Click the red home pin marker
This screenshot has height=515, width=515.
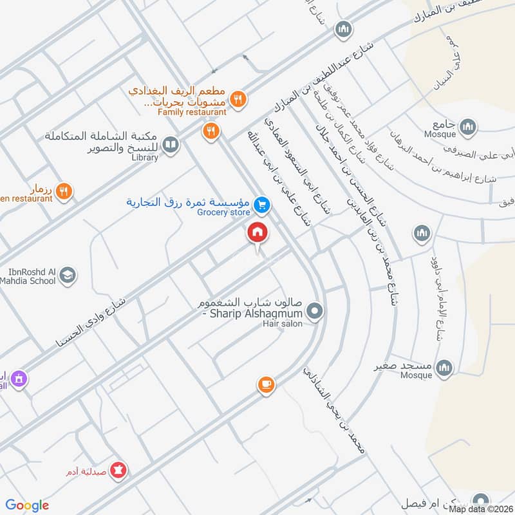[x=257, y=232]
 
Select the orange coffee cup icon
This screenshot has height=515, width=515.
[x=265, y=385]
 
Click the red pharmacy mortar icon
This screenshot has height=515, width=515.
[x=118, y=471]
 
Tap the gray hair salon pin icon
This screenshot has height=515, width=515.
[x=315, y=312]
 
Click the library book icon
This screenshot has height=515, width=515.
[x=171, y=145]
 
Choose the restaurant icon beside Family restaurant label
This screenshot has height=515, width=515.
[x=238, y=98]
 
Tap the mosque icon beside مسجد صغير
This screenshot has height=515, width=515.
[x=444, y=368]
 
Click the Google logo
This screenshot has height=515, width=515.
[x=27, y=505]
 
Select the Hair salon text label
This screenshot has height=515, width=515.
[x=282, y=323]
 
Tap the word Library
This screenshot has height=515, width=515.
[x=144, y=157]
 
